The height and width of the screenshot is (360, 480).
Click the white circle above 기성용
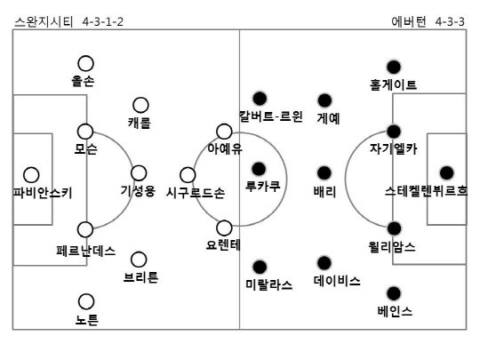pos(139,173)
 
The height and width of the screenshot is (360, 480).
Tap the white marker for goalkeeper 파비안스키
pos(31,175)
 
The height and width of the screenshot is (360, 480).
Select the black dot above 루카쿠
pos(259,169)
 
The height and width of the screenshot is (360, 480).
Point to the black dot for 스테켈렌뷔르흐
pos(446,173)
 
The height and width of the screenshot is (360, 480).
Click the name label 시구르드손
pos(196,193)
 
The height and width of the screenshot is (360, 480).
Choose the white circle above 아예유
pos(224,132)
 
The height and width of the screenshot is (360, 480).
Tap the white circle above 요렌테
pos(224,228)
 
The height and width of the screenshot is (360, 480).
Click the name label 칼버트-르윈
pos(270,116)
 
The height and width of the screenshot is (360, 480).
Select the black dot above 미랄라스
pos(260,267)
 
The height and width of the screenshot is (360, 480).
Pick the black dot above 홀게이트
pos(394,67)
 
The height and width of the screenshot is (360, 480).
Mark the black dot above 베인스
pos(394,293)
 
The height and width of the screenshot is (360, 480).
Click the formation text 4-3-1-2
pos(103,21)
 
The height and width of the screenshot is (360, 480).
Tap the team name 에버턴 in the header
pos(409,21)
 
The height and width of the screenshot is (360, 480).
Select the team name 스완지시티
pos(44,21)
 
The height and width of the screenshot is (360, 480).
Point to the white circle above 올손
pos(85,63)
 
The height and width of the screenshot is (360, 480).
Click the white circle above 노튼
pos(86,301)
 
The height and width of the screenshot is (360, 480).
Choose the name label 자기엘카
pos(394,148)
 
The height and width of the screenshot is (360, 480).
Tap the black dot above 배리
pos(324,173)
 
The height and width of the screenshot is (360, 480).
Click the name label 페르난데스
pos(86,251)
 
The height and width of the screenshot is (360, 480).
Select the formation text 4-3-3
pos(450,21)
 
